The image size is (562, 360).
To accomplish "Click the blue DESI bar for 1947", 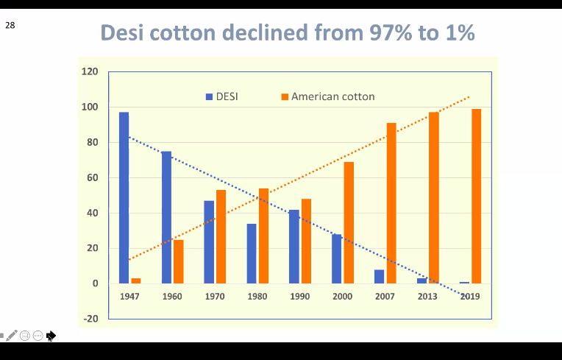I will (124, 197).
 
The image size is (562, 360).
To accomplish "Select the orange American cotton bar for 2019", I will (477, 196).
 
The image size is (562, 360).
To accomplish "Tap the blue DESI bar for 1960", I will (167, 217).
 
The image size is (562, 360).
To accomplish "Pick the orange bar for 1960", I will (179, 261).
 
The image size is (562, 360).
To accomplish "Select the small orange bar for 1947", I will (136, 280).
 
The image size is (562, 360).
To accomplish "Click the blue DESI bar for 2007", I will (380, 276).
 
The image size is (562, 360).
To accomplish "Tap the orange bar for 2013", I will (434, 197).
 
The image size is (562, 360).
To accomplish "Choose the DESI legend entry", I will (221, 96).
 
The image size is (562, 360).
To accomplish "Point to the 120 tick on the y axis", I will (90, 72).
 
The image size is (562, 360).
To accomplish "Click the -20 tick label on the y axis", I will (90, 319).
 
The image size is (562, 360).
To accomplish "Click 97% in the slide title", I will (389, 33).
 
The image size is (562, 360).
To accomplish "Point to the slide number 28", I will (10, 25).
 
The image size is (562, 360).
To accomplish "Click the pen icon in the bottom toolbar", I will (11, 336).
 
